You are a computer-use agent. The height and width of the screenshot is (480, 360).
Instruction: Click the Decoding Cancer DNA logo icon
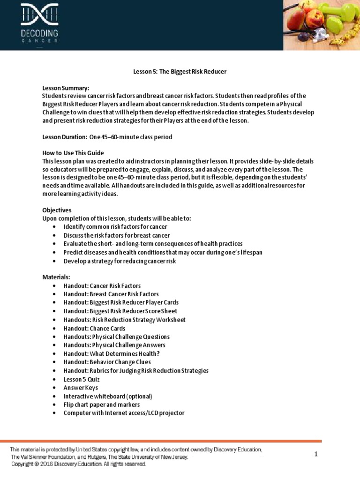pos(39,15)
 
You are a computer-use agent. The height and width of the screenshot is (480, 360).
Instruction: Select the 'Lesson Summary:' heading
pos(66,88)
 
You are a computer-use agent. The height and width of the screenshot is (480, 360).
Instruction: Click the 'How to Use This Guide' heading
pos(73,153)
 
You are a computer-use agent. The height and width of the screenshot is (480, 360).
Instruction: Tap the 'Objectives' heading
pos(57,210)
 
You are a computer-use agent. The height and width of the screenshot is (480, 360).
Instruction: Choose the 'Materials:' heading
pos(56,277)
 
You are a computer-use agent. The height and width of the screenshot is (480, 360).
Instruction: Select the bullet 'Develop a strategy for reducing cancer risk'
pos(120,261)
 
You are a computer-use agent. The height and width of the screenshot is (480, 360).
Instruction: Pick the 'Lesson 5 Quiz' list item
pos(82,379)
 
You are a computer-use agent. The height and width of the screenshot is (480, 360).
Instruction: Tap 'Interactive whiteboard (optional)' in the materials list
pos(108,396)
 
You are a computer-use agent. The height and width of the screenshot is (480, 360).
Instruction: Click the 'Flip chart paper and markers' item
pos(101,404)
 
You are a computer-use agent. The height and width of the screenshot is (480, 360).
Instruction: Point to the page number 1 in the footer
pos(316,454)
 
